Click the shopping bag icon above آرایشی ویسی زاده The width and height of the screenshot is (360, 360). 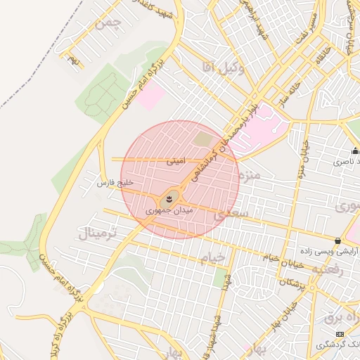[x=338, y=240]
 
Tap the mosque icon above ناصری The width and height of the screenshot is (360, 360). [x=355, y=150]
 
